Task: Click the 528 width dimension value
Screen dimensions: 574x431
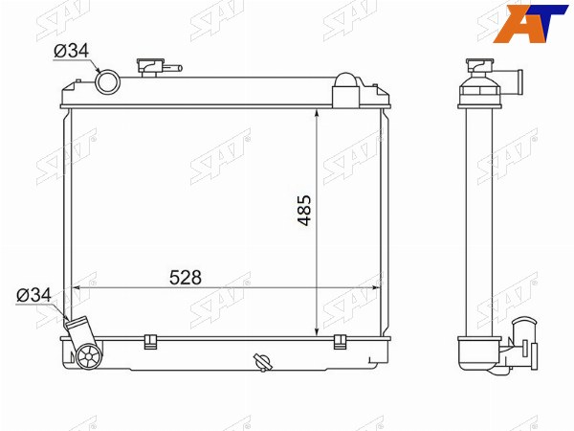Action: point(186,278)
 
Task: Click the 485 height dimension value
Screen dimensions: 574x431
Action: point(304,211)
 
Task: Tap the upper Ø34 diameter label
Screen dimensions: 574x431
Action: point(72,51)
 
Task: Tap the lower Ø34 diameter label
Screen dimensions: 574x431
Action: point(33,295)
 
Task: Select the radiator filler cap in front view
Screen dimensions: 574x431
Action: point(150,67)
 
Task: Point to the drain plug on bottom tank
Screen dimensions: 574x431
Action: point(263,362)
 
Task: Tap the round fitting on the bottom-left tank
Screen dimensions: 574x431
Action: point(89,356)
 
